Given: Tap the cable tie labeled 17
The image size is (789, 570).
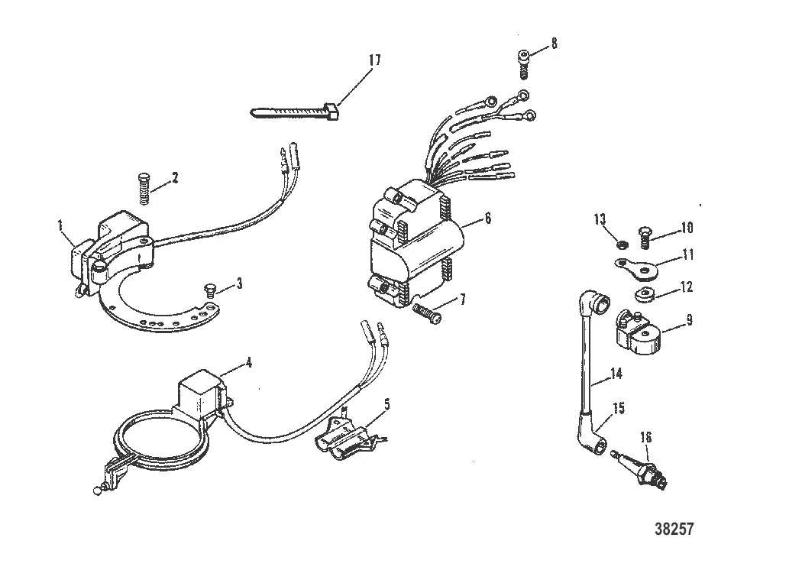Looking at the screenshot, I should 294,112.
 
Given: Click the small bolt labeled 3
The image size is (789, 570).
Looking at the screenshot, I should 209,290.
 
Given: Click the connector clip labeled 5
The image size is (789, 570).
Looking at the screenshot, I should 343,436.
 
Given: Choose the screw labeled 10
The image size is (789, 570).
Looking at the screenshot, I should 644,232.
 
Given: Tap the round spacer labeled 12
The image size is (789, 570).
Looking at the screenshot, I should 647,296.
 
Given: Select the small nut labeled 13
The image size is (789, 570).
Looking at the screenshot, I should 622,245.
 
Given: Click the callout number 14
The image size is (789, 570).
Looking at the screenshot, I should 616,374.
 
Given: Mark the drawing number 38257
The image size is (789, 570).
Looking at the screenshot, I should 675,528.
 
